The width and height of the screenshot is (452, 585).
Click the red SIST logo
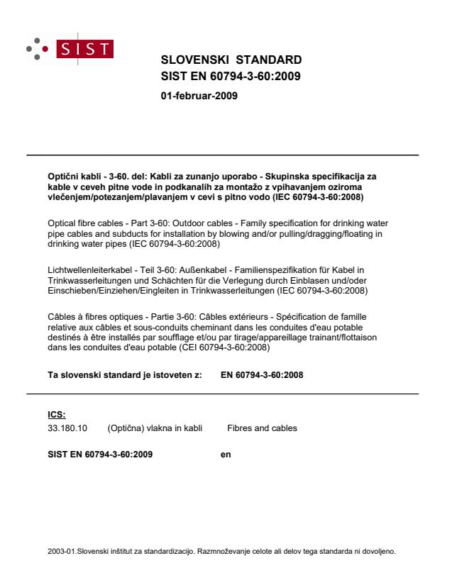tap(89, 49)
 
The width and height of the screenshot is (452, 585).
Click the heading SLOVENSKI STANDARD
tap(231, 60)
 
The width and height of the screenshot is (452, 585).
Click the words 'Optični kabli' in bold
tap(68, 174)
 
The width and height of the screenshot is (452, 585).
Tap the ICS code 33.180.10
tap(61, 428)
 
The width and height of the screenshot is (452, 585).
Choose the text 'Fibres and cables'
tap(262, 428)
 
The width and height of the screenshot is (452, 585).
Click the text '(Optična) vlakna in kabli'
tap(155, 428)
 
